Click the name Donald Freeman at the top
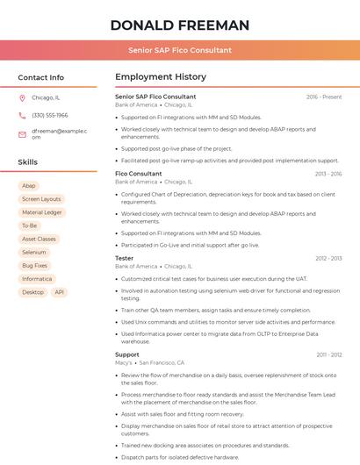pyautogui.click(x=180, y=25)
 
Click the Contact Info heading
pyautogui.click(x=40, y=77)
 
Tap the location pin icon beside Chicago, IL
pyautogui.click(x=22, y=97)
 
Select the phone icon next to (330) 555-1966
pyautogui.click(x=22, y=115)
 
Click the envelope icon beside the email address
pyautogui.click(x=22, y=134)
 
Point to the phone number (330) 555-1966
pyautogui.click(x=50, y=115)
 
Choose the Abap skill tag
pyautogui.click(x=29, y=186)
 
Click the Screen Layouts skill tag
pyautogui.click(x=41, y=199)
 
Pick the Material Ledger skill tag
pyautogui.click(x=42, y=212)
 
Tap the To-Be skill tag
pyautogui.click(x=30, y=225)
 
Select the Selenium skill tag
pyautogui.click(x=34, y=252)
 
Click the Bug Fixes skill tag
pyautogui.click(x=35, y=265)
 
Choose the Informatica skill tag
pyautogui.click(x=37, y=279)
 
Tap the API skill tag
pyautogui.click(x=60, y=292)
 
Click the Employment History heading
pyautogui.click(x=161, y=77)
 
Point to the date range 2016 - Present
pyautogui.click(x=324, y=97)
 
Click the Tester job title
pyautogui.click(x=125, y=258)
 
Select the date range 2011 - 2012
pyautogui.click(x=329, y=354)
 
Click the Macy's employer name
pyautogui.click(x=124, y=362)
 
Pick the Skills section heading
pyautogui.click(x=28, y=162)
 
